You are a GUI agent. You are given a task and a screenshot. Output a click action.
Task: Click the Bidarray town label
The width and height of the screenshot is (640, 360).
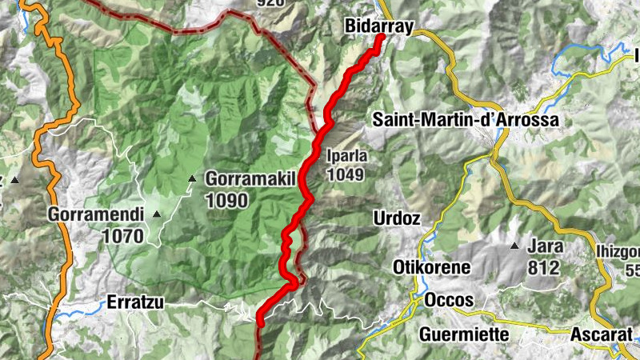point(378,26)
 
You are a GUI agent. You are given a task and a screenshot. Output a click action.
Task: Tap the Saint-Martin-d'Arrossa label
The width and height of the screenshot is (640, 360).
point(466,120)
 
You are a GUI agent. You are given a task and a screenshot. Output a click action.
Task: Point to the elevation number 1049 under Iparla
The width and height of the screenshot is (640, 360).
point(346,174)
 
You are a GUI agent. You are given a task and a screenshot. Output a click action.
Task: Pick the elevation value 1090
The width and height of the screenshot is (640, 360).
point(226,201)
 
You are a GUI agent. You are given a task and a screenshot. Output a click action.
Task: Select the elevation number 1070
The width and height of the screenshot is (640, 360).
point(122,236)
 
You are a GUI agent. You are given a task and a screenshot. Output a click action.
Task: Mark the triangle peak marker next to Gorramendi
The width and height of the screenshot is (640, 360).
point(156,214)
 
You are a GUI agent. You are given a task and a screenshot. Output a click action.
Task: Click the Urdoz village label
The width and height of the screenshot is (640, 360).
point(396,218)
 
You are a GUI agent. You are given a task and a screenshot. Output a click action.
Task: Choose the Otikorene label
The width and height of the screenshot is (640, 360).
point(431,267)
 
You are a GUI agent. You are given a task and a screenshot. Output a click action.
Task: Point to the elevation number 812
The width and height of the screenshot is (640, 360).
point(543,268)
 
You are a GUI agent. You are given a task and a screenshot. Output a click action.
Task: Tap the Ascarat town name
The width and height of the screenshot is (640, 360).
point(599,334)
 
